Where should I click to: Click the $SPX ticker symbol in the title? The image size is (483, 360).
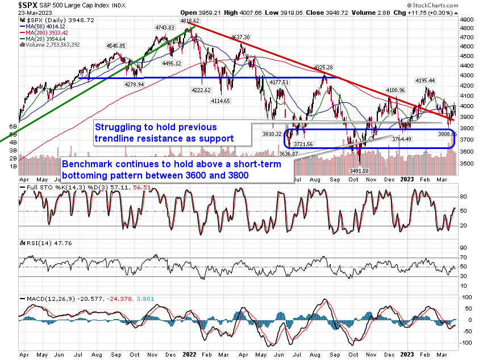pos(13,5)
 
